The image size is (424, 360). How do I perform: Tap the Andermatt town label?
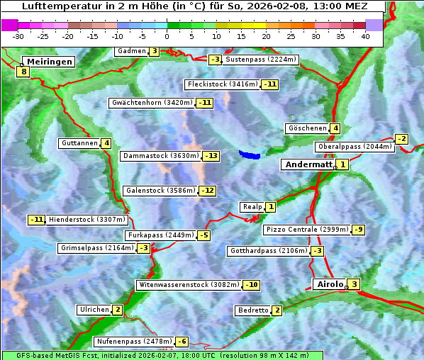click(x=308, y=164)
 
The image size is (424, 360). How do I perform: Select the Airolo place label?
click(x=329, y=284)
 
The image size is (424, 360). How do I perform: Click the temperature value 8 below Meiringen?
click(x=23, y=72)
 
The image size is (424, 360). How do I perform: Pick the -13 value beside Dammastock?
click(x=211, y=156)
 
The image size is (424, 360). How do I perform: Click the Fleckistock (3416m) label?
click(x=221, y=84)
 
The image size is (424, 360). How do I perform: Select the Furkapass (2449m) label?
click(x=160, y=235)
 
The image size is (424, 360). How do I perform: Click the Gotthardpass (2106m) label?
click(x=268, y=251)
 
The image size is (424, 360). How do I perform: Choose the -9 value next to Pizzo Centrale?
click(x=359, y=230)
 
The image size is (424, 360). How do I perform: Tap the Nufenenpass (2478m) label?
click(x=134, y=342)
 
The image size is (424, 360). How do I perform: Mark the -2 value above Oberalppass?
click(x=401, y=139)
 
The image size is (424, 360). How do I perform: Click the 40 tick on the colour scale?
click(x=365, y=35)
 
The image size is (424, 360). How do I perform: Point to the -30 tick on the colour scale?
click(x=18, y=35)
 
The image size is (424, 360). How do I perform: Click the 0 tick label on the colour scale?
click(x=167, y=35)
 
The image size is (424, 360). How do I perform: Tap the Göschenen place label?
click(x=306, y=128)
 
